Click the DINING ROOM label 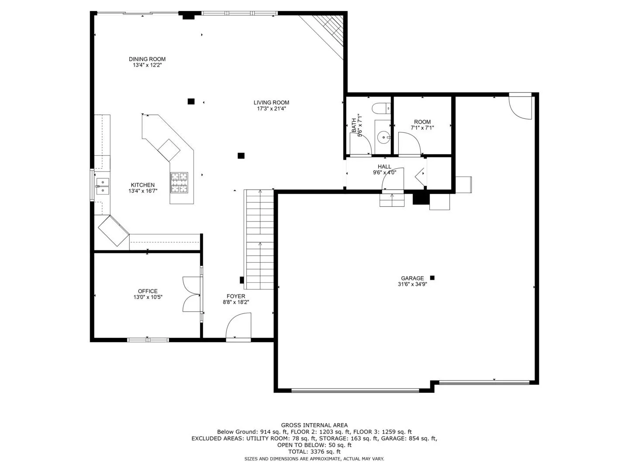(x=147, y=59)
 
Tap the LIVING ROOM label (x=271, y=103)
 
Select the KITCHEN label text (x=143, y=185)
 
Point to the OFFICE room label (x=148, y=291)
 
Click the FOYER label (x=236, y=296)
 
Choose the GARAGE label (x=412, y=278)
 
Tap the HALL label (x=384, y=167)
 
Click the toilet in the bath (x=381, y=109)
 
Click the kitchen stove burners (x=180, y=183)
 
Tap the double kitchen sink (x=102, y=186)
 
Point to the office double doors (x=192, y=294)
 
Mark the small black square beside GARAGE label (x=432, y=278)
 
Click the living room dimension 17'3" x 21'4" (x=271, y=109)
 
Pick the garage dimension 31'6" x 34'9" (x=412, y=284)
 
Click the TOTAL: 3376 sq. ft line (x=314, y=451)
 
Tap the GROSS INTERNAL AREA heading (x=314, y=425)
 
